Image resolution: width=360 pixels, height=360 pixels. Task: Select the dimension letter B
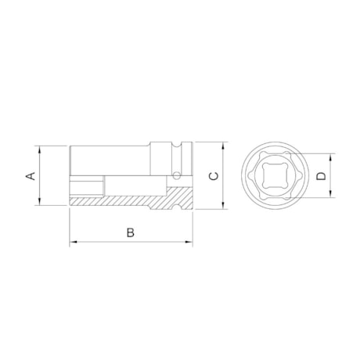[131, 232]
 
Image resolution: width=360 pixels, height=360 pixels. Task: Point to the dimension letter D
[321, 177]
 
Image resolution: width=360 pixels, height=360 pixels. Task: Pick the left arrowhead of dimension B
[73, 242]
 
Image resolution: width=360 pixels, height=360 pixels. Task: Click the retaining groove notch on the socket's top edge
[181, 145]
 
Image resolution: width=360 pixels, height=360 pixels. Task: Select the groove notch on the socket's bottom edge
[181, 206]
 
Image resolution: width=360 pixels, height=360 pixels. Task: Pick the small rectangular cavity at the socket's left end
[86, 187]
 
